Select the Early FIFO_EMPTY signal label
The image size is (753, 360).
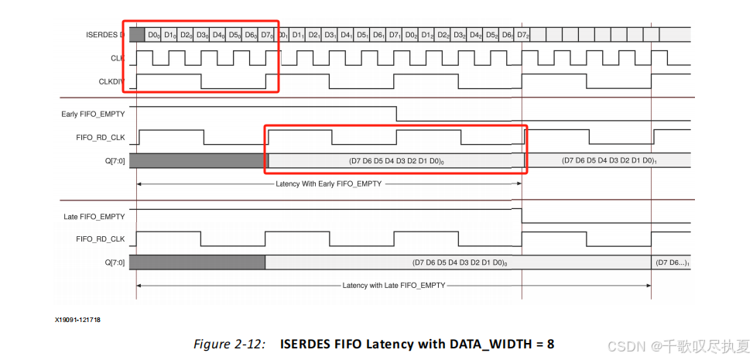[93, 115]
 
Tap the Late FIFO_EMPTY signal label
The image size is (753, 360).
[94, 216]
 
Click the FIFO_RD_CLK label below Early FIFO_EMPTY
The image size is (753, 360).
[101, 138]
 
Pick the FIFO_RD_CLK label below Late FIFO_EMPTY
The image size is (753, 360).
[101, 239]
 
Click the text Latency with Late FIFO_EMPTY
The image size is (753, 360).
[394, 285]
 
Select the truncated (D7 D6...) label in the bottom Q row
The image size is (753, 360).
[671, 262]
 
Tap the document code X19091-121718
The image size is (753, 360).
[77, 319]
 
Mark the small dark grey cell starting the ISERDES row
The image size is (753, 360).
[137, 35]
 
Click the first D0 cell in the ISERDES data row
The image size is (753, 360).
[153, 35]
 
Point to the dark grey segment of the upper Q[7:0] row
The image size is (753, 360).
[197, 161]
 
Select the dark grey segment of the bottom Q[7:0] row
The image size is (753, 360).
[197, 262]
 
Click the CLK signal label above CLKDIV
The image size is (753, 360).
[117, 57]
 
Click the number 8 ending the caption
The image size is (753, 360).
[550, 342]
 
